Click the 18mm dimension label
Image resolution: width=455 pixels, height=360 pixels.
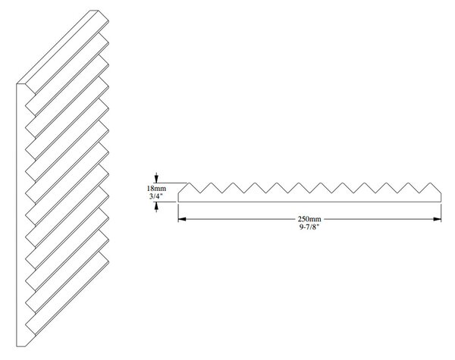pyautogui.click(x=156, y=189)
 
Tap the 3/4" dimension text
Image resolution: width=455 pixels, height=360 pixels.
pyautogui.click(x=156, y=196)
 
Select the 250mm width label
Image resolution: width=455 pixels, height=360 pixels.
pyautogui.click(x=309, y=219)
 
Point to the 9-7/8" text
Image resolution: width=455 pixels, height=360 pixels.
pyautogui.click(x=309, y=227)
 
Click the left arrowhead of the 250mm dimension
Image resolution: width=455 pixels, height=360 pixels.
pyautogui.click(x=182, y=219)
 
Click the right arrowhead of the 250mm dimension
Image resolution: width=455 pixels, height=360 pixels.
pyautogui.click(x=438, y=219)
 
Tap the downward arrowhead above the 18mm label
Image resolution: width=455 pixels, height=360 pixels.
pyautogui.click(x=157, y=179)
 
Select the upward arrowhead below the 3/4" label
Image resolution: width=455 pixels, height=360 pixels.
pyautogui.click(x=157, y=205)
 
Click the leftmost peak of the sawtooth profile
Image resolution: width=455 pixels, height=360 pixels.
pyautogui.click(x=189, y=183)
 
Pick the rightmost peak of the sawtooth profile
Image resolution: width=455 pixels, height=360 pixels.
pyautogui.click(x=431, y=183)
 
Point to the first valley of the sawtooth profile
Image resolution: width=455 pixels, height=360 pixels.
pyautogui.click(x=200, y=193)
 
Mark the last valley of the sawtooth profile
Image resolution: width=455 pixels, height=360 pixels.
pyautogui.click(x=419, y=193)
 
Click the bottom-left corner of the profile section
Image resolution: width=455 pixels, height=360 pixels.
pyautogui.click(x=178, y=202)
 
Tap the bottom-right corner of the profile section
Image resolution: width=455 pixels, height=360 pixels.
pyautogui.click(x=441, y=202)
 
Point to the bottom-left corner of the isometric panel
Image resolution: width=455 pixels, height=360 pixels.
pyautogui.click(x=17, y=346)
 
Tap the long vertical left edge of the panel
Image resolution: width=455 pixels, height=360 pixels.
pyautogui.click(x=17, y=215)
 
